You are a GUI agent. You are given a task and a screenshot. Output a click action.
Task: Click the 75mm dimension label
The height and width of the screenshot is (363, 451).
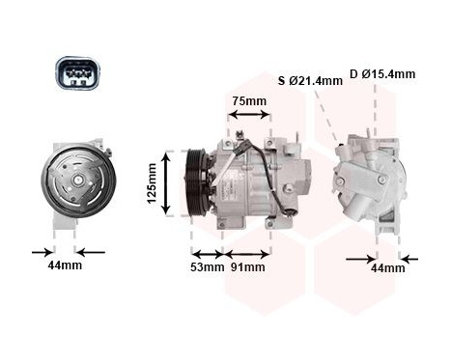248,100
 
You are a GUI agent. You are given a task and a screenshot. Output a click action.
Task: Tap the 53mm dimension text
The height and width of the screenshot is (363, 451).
207,266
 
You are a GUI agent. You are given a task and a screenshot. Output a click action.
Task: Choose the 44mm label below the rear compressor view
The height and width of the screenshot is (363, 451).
388,267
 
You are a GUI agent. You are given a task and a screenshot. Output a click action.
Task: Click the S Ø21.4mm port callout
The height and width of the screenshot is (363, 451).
310,80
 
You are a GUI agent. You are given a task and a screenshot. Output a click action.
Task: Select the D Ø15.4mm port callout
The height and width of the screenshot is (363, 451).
382,73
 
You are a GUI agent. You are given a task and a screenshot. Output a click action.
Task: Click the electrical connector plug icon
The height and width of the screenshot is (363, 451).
76,73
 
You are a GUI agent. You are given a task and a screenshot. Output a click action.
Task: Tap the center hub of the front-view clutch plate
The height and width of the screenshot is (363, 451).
77,181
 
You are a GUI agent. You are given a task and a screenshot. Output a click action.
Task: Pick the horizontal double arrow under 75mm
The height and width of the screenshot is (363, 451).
248,115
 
